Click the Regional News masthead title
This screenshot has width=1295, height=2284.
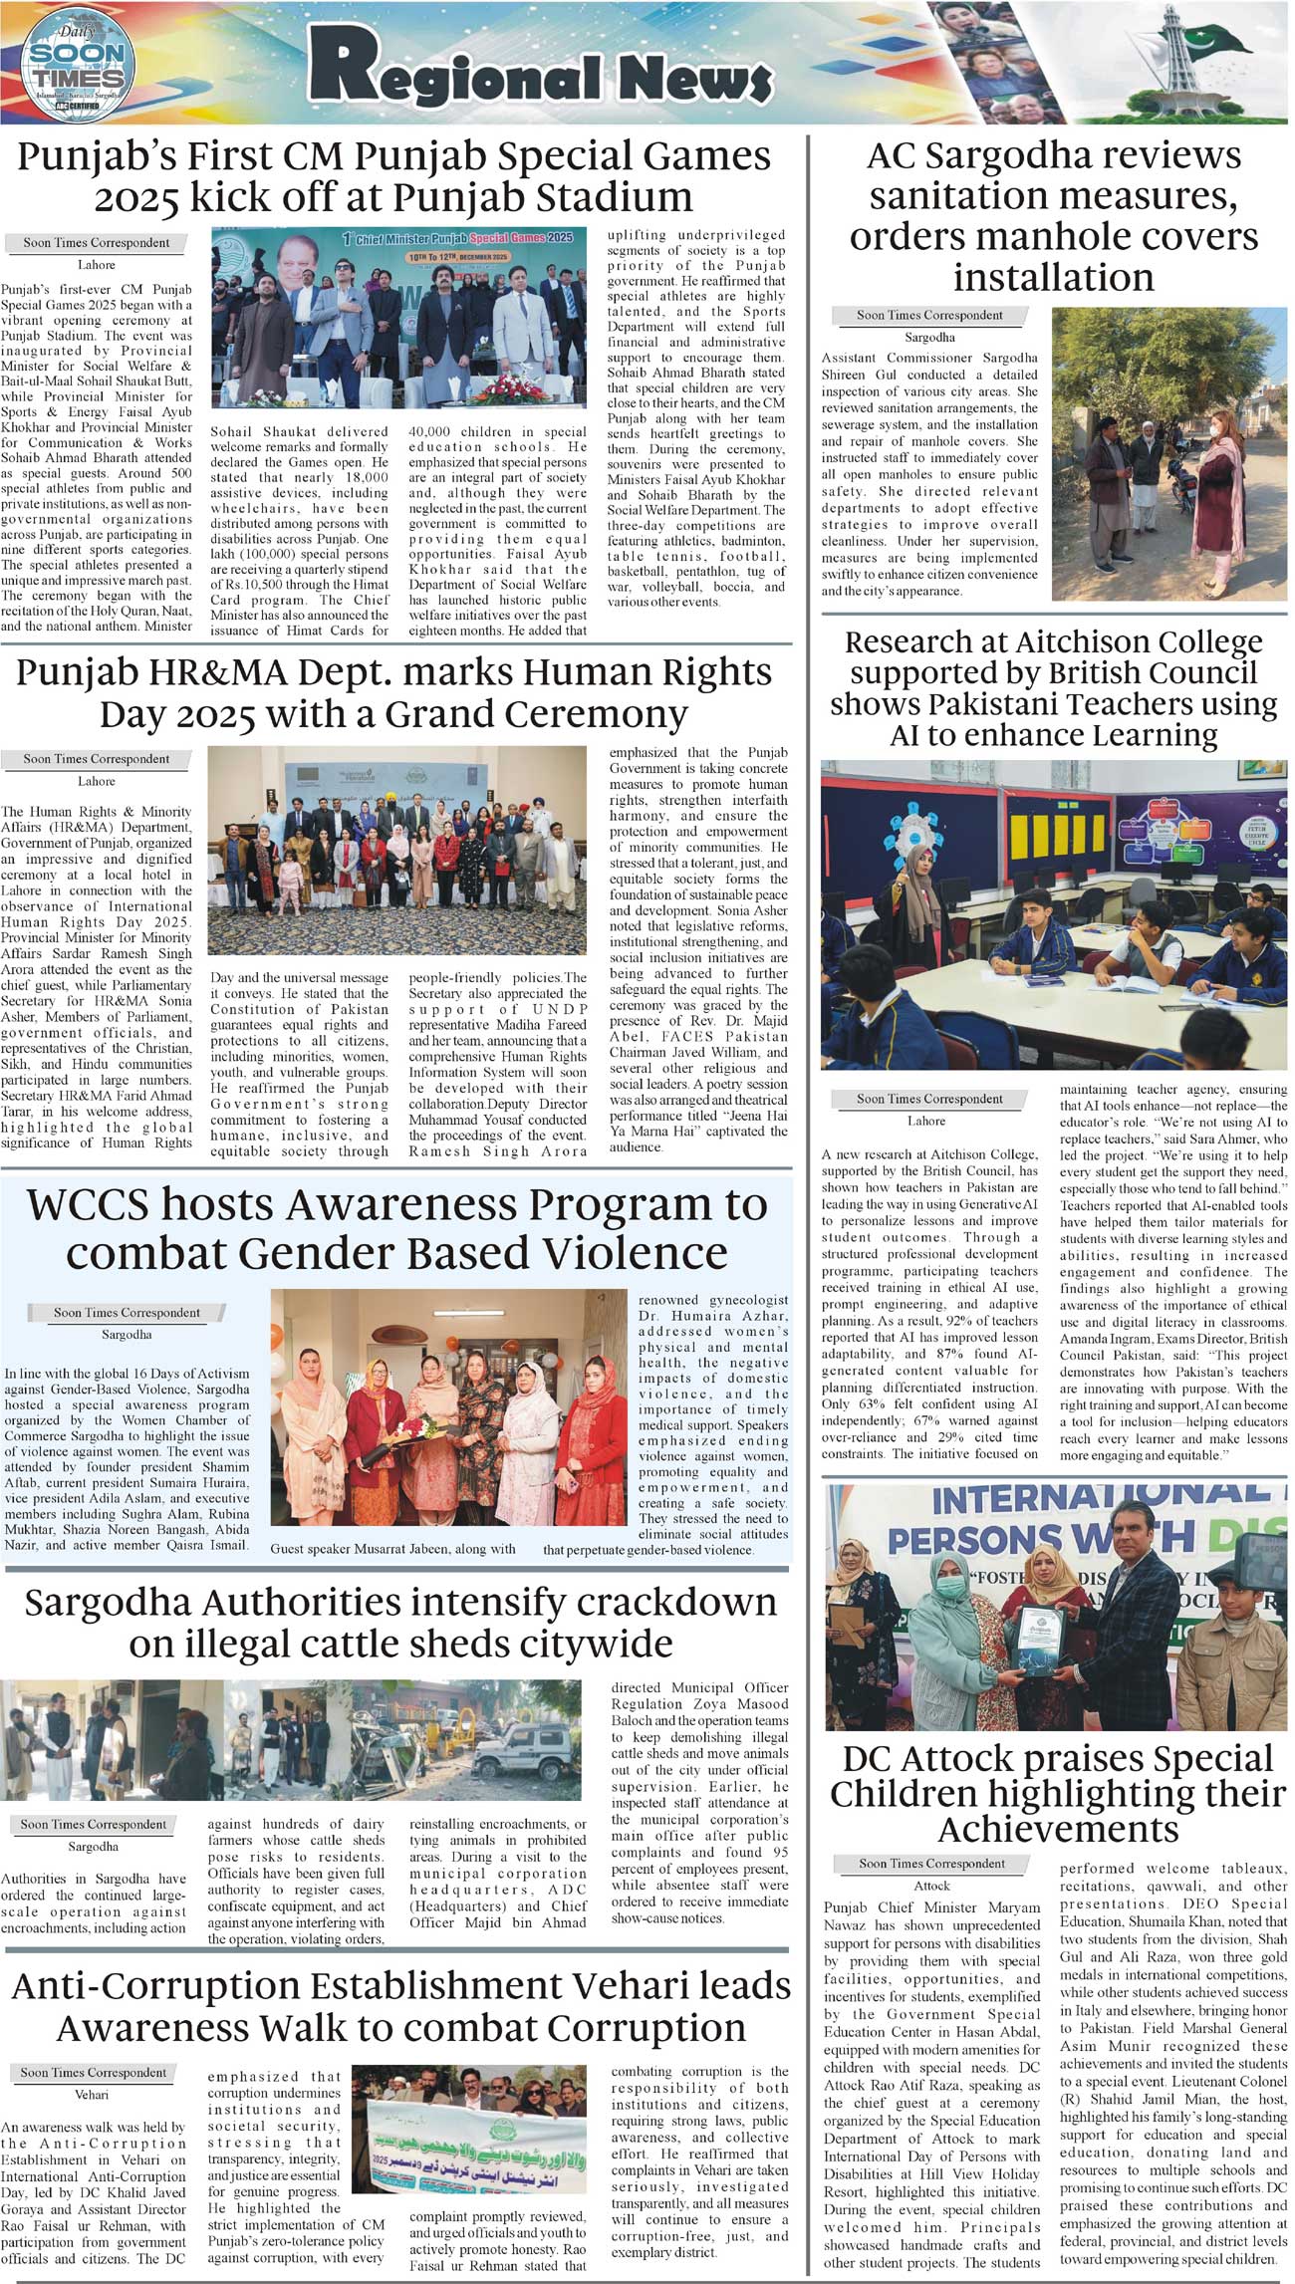(x=539, y=70)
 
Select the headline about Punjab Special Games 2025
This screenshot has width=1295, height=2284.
(x=393, y=176)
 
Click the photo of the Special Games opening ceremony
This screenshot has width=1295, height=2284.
(x=398, y=325)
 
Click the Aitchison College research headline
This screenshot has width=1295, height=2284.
(x=1053, y=688)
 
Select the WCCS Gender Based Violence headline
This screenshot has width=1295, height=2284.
(x=396, y=1227)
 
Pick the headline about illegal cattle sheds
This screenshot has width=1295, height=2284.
(x=400, y=1622)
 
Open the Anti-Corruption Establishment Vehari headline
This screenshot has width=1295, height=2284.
(x=400, y=2007)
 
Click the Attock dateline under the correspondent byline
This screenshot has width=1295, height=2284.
(x=931, y=1886)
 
